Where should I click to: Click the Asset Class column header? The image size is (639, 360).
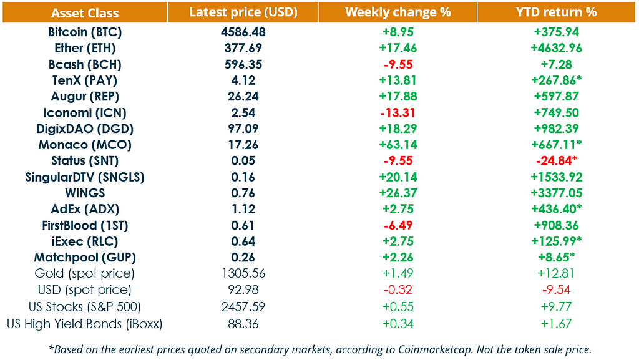(85, 12)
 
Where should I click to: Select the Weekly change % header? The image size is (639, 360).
(398, 12)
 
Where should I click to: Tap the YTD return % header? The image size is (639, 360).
(557, 12)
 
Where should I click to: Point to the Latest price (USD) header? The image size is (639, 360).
(243, 12)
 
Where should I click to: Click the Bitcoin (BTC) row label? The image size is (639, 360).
(85, 32)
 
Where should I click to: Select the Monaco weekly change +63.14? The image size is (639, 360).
(398, 145)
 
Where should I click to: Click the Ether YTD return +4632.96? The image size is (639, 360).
(556, 48)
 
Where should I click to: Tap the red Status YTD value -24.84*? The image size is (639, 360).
(556, 161)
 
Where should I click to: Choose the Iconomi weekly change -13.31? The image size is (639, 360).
(398, 113)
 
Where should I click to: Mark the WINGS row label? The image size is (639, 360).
(85, 193)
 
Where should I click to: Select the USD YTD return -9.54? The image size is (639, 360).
(556, 290)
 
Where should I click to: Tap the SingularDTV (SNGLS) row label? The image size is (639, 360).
(85, 177)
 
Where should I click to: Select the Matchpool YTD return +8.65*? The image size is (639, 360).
(556, 258)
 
